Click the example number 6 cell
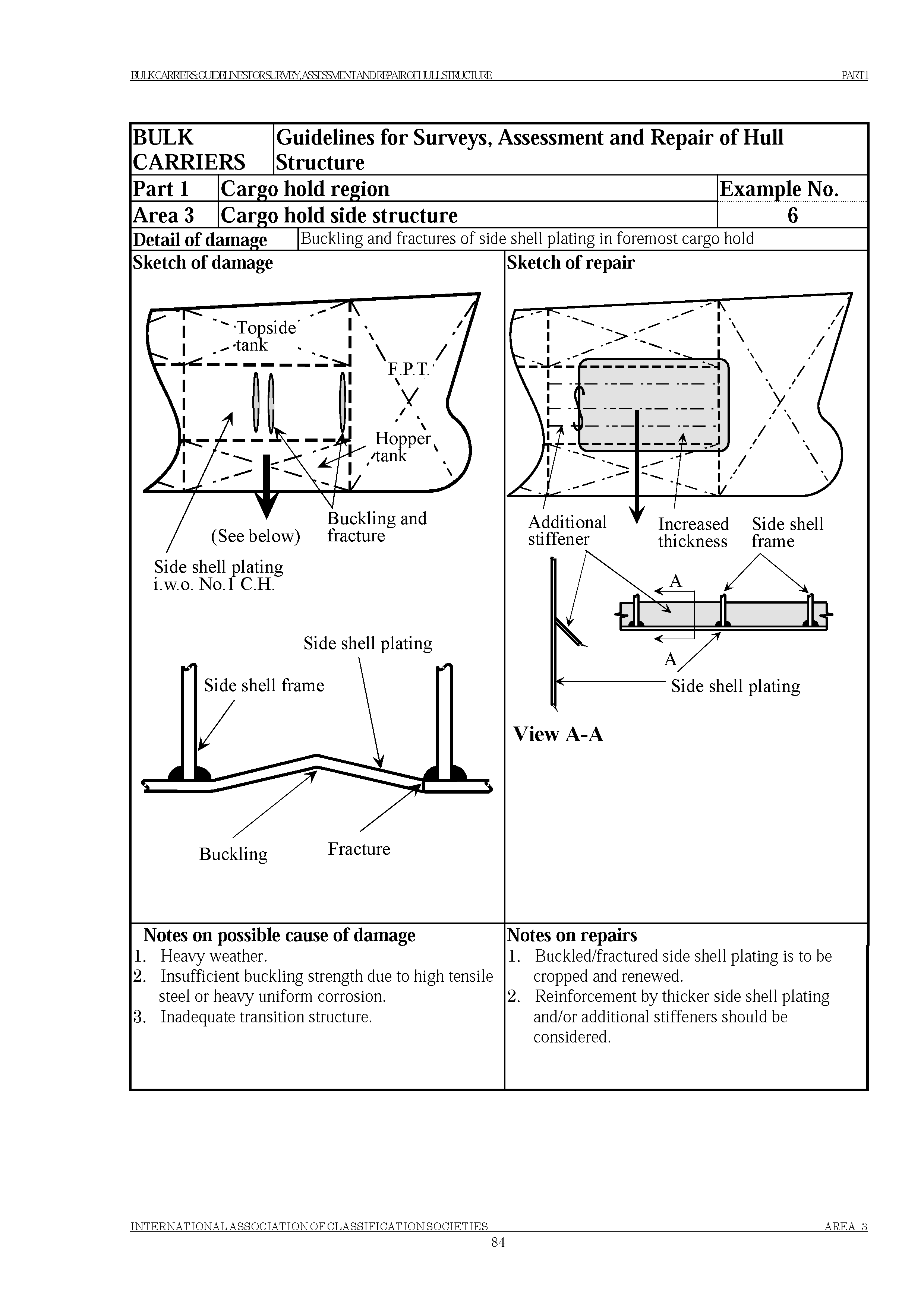point(792,215)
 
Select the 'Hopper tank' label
point(402,446)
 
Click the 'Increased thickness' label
point(693,532)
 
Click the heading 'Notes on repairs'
point(572,935)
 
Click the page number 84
point(498,1258)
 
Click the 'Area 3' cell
point(163,215)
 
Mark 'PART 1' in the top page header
point(854,75)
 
